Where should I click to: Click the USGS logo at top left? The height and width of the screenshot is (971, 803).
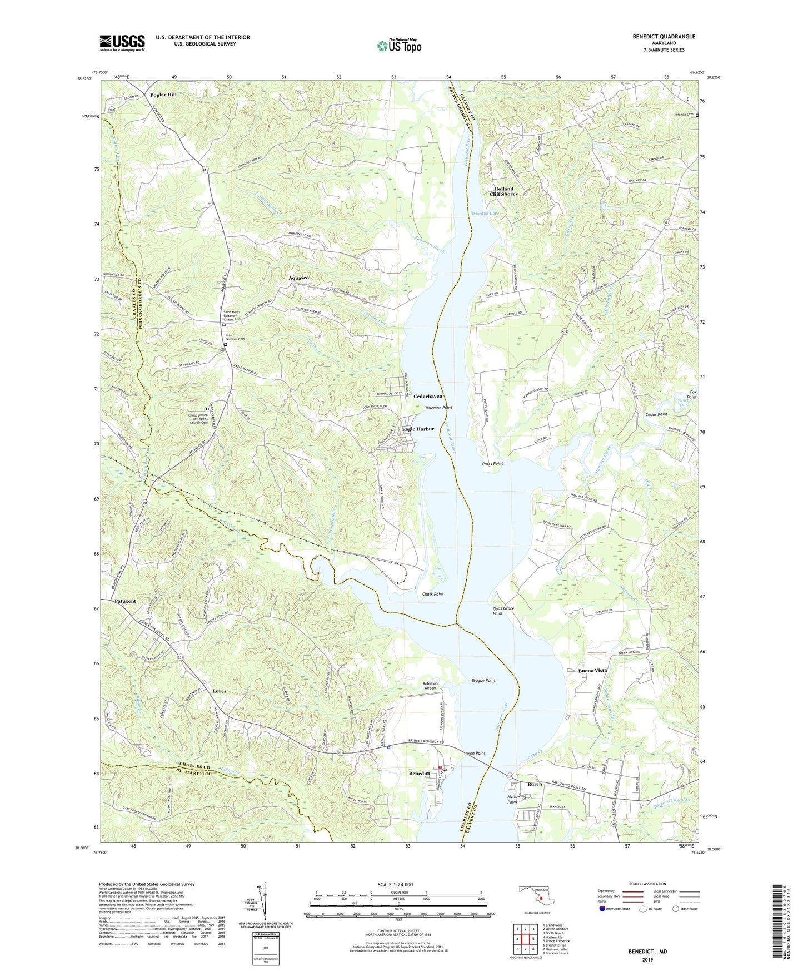point(122,43)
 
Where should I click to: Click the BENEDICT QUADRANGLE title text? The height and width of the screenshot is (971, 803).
point(664,37)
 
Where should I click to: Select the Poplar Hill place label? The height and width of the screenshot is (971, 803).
point(163,95)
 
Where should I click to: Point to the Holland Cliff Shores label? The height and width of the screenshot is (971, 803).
point(503,191)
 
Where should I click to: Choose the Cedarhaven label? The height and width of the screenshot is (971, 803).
point(428,396)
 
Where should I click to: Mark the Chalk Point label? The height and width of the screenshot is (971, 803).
point(433,594)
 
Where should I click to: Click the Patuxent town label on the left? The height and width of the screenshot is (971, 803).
point(125,601)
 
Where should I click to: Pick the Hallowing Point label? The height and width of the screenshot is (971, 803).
point(516,799)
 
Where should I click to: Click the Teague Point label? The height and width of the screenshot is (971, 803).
point(483,680)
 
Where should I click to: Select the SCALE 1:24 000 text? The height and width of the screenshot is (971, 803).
point(395,884)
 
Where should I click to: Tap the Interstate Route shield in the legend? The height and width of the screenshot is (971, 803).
point(602,909)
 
